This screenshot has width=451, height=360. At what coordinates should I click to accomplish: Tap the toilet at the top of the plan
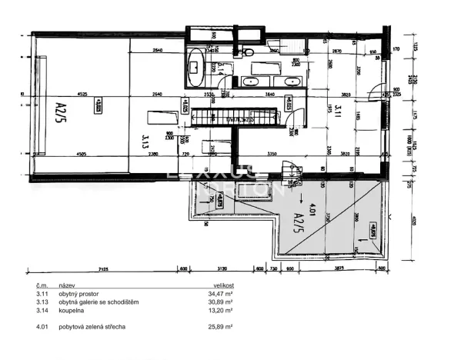[x=250, y=52]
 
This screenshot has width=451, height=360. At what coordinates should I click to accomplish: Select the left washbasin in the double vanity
[x=252, y=81]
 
